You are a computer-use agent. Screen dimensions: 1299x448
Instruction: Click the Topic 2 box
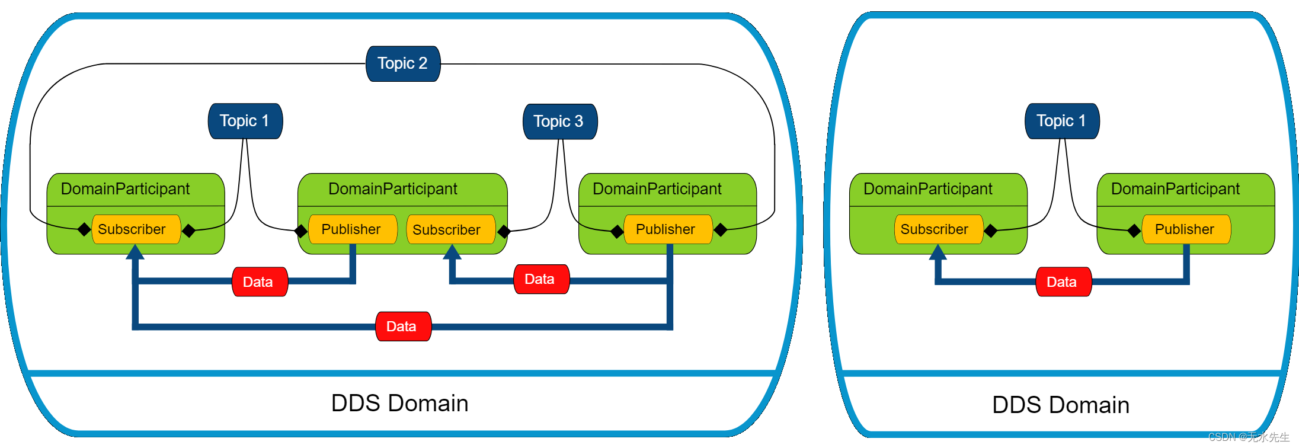[x=403, y=63]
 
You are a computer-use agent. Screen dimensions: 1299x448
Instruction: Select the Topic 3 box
[x=560, y=121]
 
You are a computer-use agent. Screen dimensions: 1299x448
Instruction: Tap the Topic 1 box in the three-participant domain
[x=245, y=121]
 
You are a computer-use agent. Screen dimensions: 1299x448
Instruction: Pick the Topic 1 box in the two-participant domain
[x=1062, y=121]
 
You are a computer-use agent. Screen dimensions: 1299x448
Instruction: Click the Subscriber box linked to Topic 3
[x=451, y=229]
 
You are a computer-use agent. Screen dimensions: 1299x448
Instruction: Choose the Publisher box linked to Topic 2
[x=668, y=229]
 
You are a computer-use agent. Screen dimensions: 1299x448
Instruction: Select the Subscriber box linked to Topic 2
[x=136, y=229]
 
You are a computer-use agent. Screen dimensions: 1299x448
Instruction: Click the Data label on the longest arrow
[x=403, y=327]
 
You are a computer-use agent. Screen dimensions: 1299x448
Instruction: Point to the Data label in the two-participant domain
[x=1063, y=282]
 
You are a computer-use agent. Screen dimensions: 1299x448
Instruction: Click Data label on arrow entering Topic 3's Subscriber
[x=541, y=279]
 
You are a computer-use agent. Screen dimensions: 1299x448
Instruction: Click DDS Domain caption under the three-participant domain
[x=400, y=403]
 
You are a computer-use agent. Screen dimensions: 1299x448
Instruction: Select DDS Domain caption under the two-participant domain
[x=1061, y=405]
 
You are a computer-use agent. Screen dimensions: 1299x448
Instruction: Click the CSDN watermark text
[x=1249, y=437]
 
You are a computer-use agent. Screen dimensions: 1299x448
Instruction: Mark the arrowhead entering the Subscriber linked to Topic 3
[x=452, y=251]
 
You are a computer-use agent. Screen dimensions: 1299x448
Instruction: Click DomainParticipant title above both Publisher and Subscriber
[x=393, y=189]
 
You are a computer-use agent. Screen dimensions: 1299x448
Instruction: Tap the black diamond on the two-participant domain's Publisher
[x=1134, y=231]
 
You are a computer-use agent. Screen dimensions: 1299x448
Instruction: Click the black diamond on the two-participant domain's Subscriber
[x=990, y=231]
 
